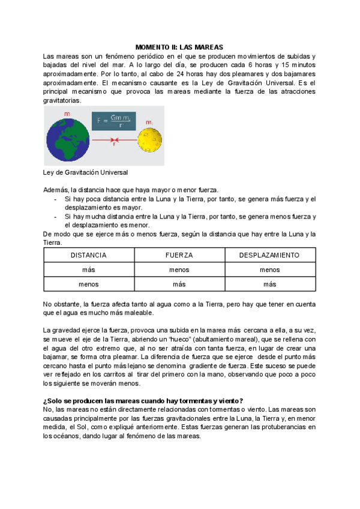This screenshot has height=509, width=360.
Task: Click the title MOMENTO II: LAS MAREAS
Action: [x=179, y=47]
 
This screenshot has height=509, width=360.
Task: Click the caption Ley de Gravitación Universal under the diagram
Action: [x=86, y=172]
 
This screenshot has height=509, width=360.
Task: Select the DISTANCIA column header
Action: [x=89, y=255]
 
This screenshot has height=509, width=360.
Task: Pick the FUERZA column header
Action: [x=179, y=255]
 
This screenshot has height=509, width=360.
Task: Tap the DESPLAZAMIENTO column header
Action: [x=269, y=255]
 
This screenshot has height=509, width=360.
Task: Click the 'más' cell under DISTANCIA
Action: [x=89, y=270]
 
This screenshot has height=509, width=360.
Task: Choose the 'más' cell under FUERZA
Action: [x=179, y=284]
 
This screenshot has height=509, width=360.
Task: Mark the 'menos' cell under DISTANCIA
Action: [x=89, y=284]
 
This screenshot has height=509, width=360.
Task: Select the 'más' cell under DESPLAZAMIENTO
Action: [x=269, y=284]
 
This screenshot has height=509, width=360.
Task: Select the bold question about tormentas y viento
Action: [x=143, y=401]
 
